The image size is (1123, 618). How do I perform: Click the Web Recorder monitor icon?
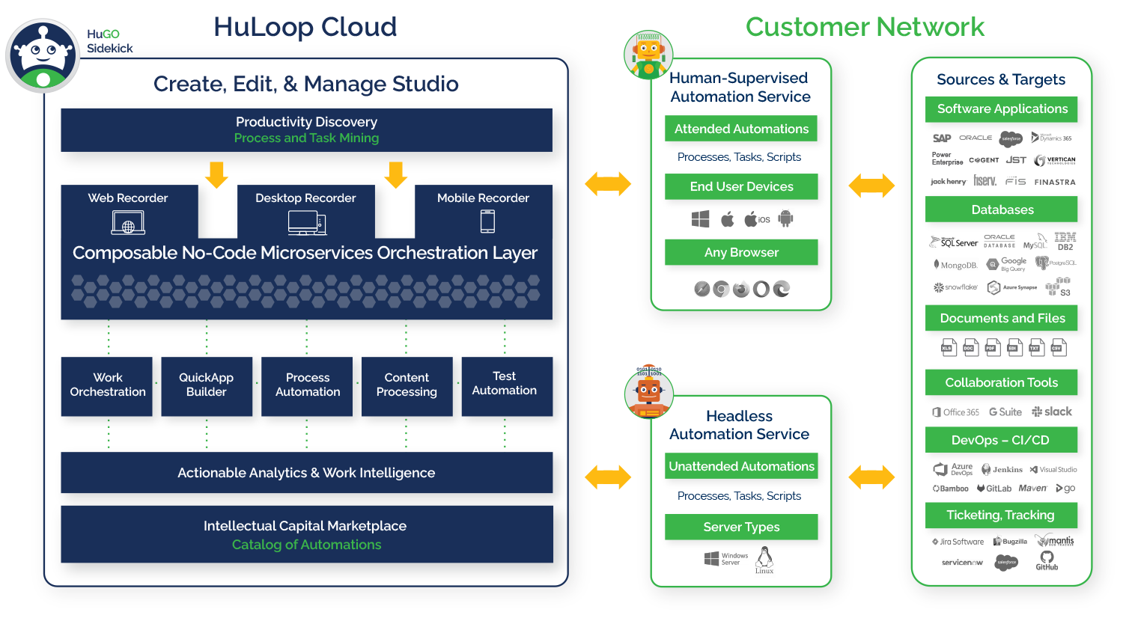coord(128,223)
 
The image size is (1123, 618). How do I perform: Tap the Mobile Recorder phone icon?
coord(487,221)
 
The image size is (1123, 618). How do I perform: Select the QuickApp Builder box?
coord(207,385)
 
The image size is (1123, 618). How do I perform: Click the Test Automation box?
coord(505,385)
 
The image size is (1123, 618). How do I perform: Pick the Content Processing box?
coord(407,385)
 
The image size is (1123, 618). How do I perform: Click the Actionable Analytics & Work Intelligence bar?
coord(306,473)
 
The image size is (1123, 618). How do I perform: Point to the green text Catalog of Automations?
coord(306,545)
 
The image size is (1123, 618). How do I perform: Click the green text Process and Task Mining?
coord(306,138)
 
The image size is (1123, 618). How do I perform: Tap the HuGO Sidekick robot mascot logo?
coord(43,56)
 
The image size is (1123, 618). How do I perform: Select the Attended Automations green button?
coord(741,129)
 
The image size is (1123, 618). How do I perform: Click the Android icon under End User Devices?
coord(785,219)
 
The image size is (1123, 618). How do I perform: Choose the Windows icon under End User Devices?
coord(700,219)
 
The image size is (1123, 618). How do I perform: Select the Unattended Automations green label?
coord(741,466)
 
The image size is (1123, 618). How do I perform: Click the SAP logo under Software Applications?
coord(942,138)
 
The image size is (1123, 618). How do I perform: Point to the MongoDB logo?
coord(955,265)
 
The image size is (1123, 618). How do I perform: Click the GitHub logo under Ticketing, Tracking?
coord(1047,560)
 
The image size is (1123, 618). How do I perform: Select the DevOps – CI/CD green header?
coord(1001,440)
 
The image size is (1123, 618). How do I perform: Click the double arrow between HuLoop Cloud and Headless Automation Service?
coord(608,477)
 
